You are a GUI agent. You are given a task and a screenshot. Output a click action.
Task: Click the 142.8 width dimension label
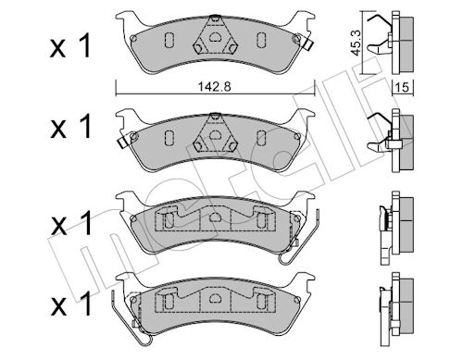[214, 87]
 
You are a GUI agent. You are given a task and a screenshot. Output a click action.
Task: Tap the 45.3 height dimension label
[356, 43]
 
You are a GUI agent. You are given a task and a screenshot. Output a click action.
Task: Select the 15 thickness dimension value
[402, 87]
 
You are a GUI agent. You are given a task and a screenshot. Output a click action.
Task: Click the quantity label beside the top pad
[70, 46]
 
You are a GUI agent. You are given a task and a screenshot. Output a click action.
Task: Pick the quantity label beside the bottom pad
[71, 304]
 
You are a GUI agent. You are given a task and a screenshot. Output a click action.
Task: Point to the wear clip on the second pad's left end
[124, 141]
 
